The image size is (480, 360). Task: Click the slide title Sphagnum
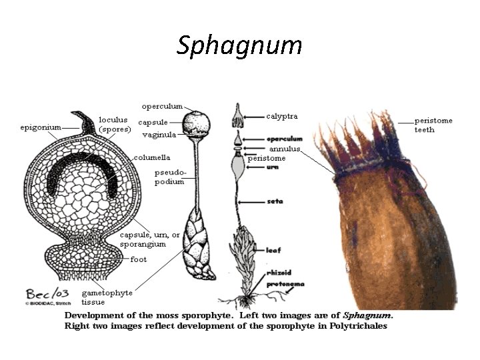pos(239,45)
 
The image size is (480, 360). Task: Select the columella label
pos(152,158)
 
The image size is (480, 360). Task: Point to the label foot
pos(139,259)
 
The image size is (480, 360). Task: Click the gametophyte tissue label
pos(107,297)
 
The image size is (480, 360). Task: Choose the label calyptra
pos(282,117)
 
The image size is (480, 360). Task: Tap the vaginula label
pos(159,134)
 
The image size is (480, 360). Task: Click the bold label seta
pos(275,201)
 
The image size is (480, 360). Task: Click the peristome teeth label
pos(433,125)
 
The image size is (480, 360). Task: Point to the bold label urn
pos(273,167)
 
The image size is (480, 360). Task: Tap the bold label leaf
pos(274,250)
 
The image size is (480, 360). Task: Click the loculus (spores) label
pos(115,124)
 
